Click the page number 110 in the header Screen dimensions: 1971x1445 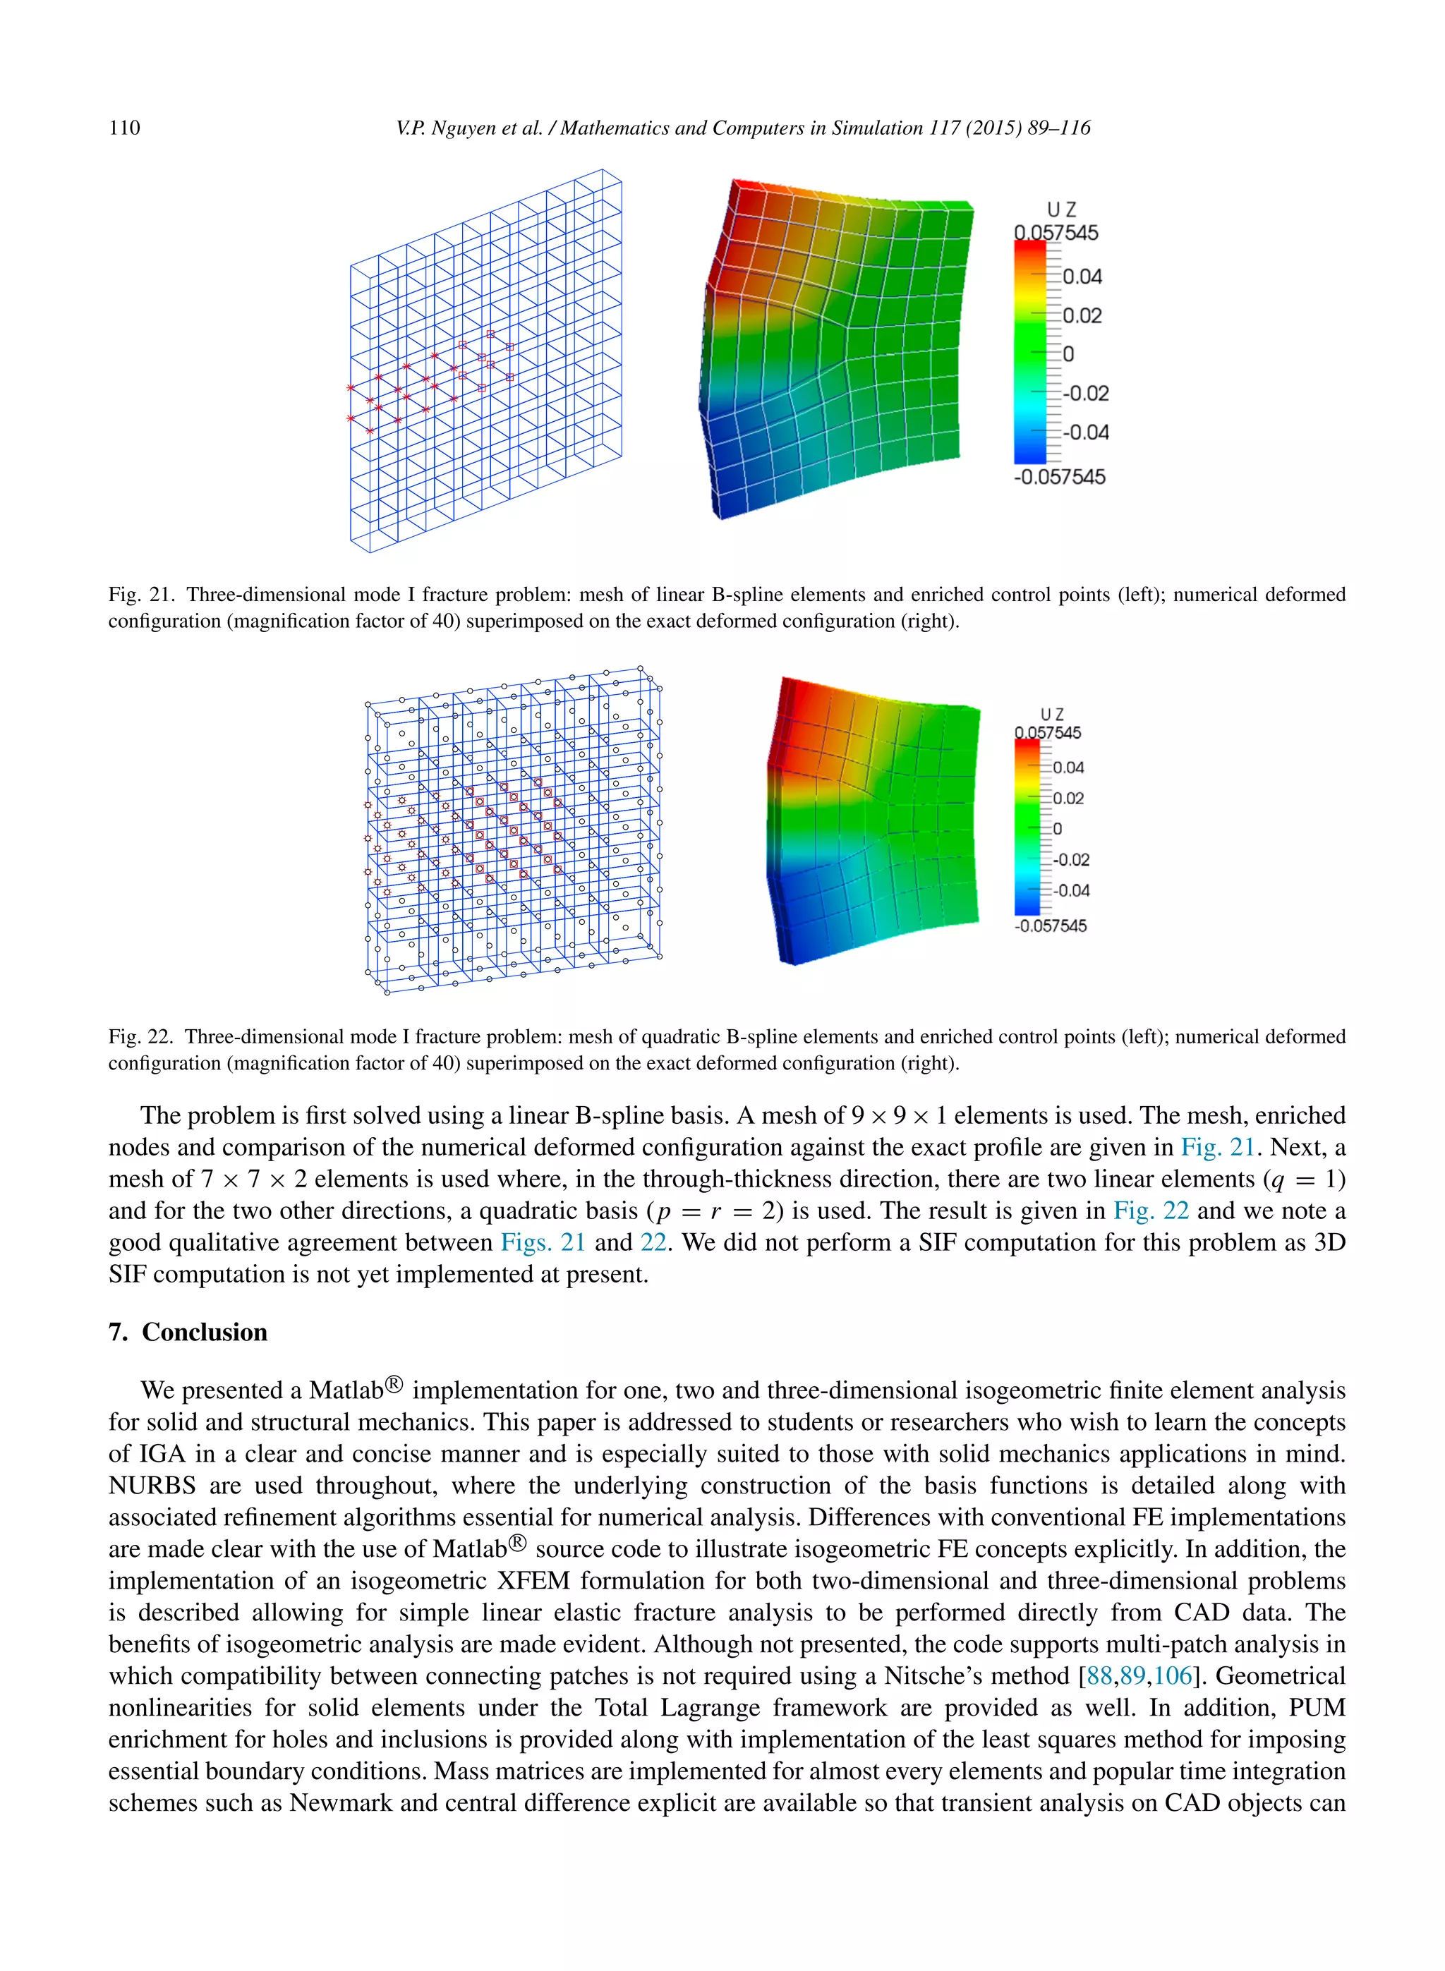pyautogui.click(x=124, y=128)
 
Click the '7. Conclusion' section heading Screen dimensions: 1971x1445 pyautogui.click(x=188, y=1332)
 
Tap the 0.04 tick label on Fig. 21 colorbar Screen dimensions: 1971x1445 pyautogui.click(x=1082, y=277)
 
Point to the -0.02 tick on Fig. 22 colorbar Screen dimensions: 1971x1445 pyautogui.click(x=1070, y=860)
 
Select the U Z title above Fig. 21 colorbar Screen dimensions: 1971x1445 pyautogui.click(x=1061, y=210)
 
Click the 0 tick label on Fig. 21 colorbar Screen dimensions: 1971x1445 pyautogui.click(x=1068, y=354)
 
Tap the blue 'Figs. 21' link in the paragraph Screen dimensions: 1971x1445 pyautogui.click(x=543, y=1242)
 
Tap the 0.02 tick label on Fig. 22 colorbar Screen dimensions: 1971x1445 pyautogui.click(x=1068, y=799)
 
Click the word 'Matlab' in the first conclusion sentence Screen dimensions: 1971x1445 pyautogui.click(x=346, y=1390)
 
